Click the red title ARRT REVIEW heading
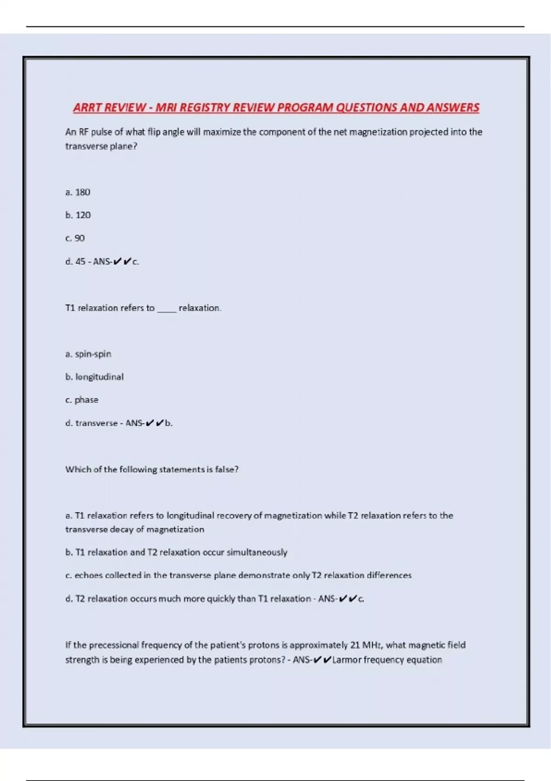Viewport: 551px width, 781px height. click(x=276, y=108)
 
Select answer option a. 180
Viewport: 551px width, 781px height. click(x=78, y=192)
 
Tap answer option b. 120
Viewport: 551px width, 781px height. click(x=78, y=215)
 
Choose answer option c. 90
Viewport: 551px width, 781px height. click(x=75, y=238)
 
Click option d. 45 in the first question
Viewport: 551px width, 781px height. click(x=76, y=261)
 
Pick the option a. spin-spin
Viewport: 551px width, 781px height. click(x=88, y=354)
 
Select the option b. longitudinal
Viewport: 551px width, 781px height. click(x=94, y=377)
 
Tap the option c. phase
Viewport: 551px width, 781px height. click(x=82, y=400)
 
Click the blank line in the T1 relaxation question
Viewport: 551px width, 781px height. click(x=167, y=309)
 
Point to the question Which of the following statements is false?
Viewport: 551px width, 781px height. click(x=152, y=469)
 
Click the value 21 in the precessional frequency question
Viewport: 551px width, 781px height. click(x=354, y=645)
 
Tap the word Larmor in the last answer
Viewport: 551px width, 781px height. click(x=347, y=660)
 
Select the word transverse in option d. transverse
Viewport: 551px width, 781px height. click(x=96, y=423)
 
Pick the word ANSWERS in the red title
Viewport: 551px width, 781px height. click(x=453, y=108)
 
